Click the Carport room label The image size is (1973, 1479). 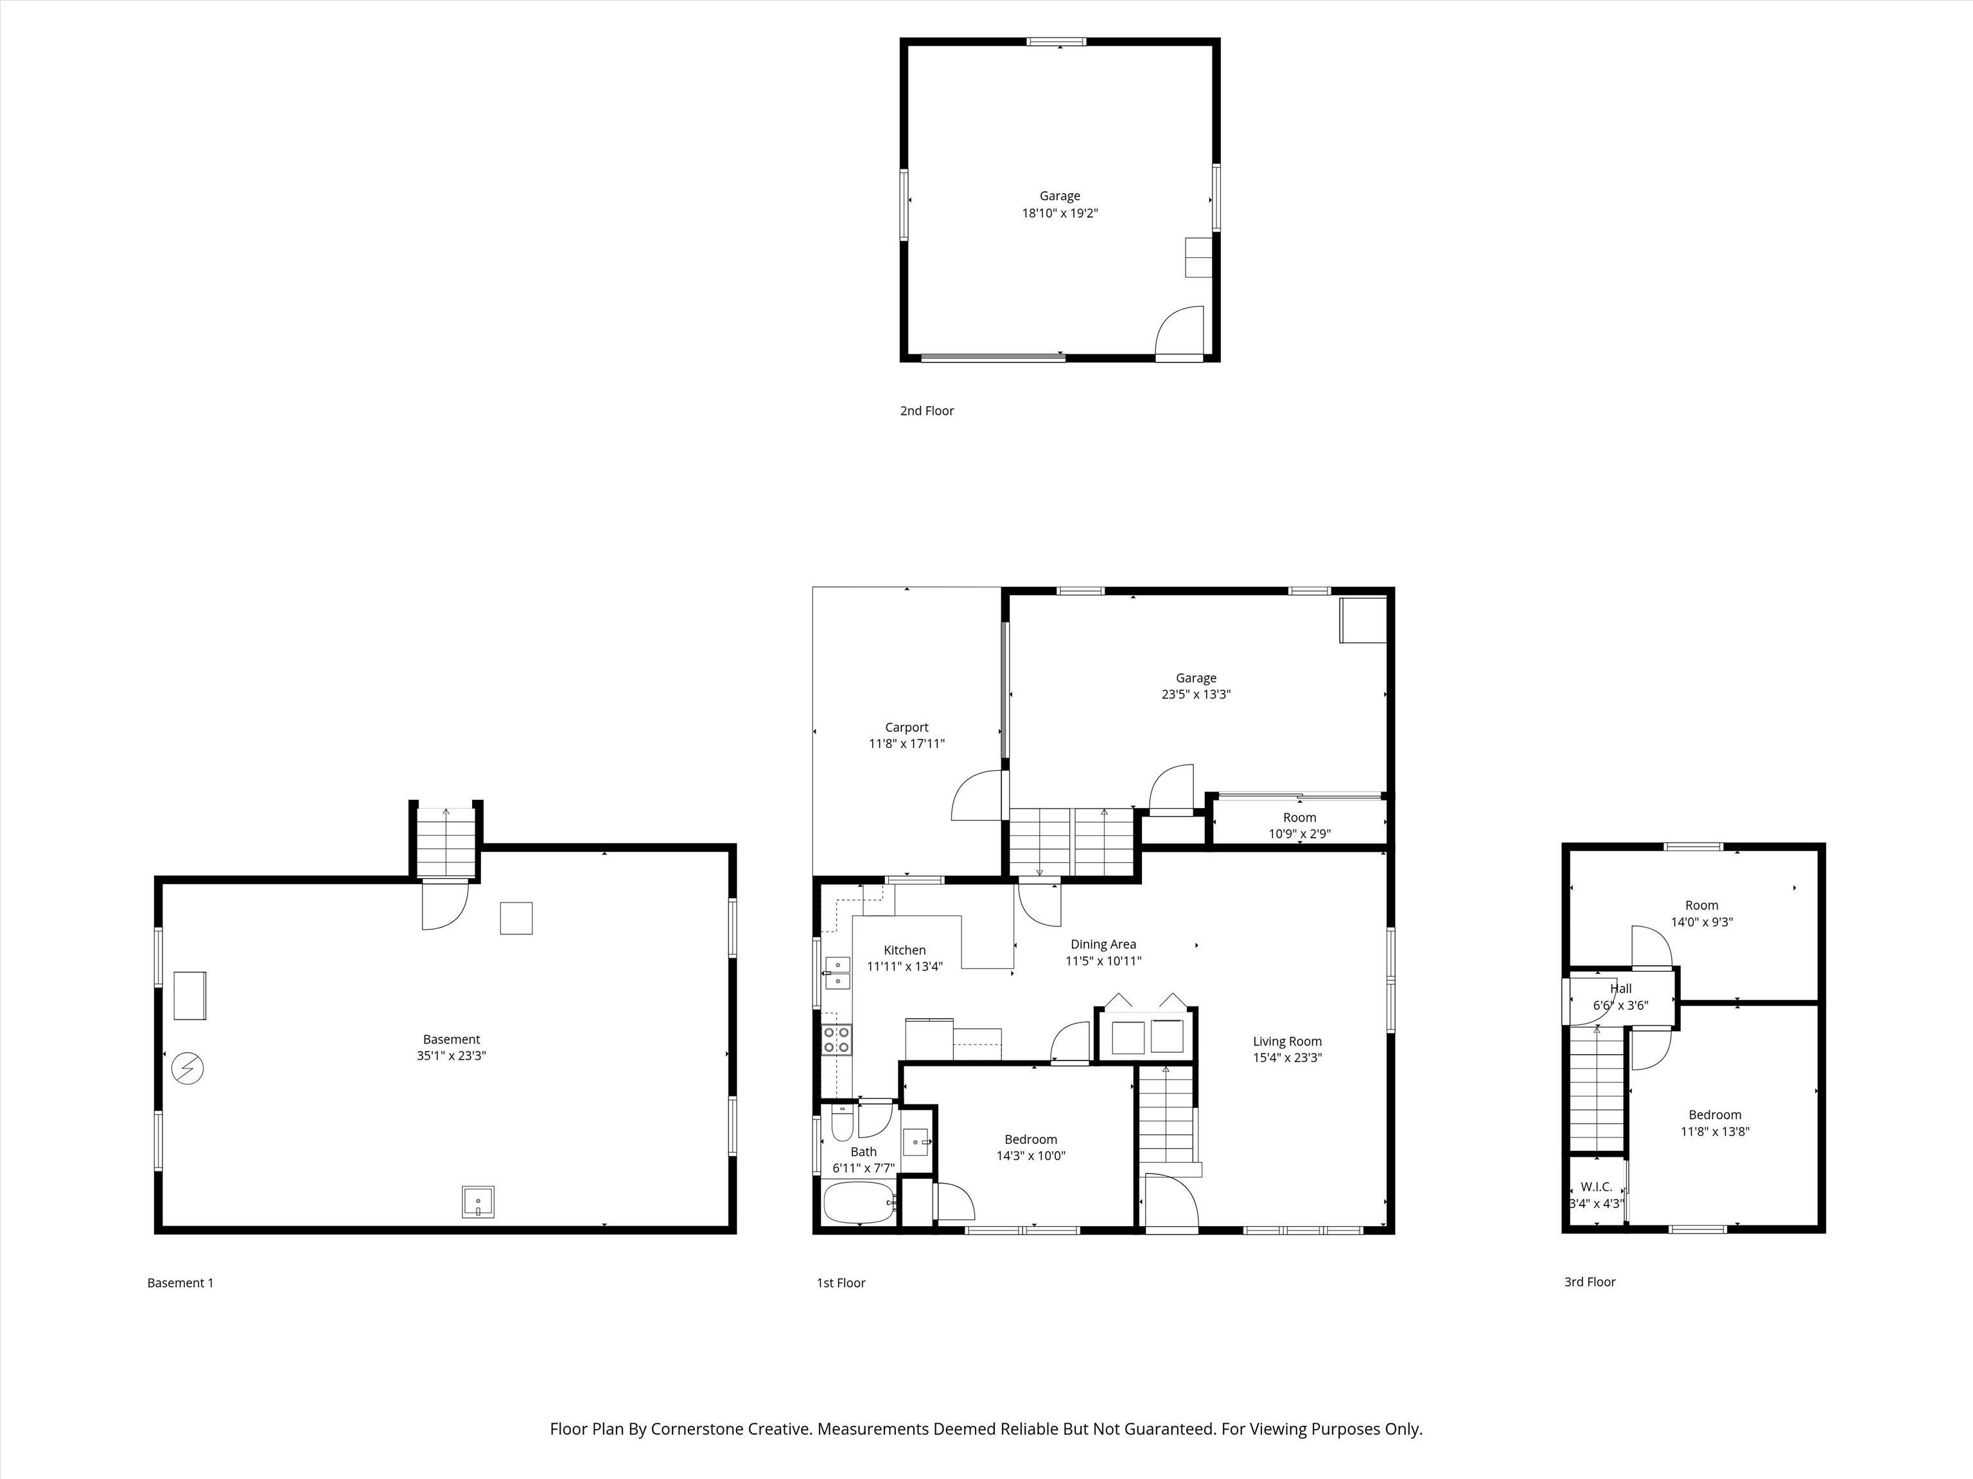906,727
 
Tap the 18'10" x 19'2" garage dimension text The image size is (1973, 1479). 1060,213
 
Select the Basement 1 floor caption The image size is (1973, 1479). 180,1283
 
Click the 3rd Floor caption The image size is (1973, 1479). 1590,1282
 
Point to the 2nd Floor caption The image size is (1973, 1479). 927,411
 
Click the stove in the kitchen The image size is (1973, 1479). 837,1039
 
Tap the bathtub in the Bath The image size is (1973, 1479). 858,1204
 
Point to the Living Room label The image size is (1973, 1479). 1287,1041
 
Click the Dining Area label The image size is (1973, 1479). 1103,944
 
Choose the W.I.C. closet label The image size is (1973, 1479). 1597,1186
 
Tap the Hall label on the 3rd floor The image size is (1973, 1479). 1620,988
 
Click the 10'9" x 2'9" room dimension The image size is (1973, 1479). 1299,834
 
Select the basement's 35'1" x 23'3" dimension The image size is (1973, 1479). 452,1055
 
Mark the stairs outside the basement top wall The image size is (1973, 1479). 446,842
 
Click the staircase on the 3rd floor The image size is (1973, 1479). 1597,1089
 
